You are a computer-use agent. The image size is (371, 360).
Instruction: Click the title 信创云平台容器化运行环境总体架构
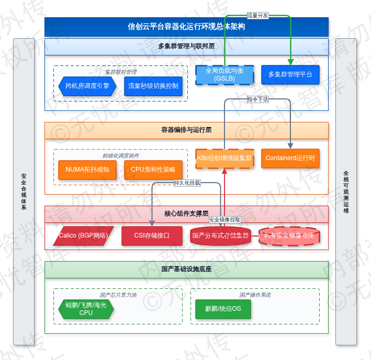tap(186, 27)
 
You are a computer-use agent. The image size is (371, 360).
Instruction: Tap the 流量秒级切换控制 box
tap(153, 86)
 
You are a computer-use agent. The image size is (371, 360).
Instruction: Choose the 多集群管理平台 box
tap(290, 74)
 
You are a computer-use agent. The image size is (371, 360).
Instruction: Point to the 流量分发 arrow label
tap(257, 16)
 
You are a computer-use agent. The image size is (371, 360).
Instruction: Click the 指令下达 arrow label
tap(257, 98)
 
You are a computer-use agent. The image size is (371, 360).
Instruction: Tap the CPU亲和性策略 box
tap(153, 170)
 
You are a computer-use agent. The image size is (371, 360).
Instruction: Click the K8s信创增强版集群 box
tap(224, 158)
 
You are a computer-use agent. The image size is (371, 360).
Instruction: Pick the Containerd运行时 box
tap(290, 158)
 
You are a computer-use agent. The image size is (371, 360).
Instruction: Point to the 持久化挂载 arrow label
tap(187, 183)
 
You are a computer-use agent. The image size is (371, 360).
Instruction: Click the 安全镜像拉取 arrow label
tap(225, 220)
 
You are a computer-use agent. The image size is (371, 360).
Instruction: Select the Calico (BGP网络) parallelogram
tap(84, 235)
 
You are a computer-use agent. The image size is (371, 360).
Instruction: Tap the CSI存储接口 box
tap(152, 235)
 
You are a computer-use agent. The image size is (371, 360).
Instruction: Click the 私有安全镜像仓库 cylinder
tap(289, 236)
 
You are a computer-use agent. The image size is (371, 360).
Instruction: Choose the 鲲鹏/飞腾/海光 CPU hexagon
tap(86, 309)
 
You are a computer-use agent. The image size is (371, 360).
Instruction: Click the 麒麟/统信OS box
tap(223, 309)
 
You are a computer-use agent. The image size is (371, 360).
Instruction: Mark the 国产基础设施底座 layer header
tap(186, 269)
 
